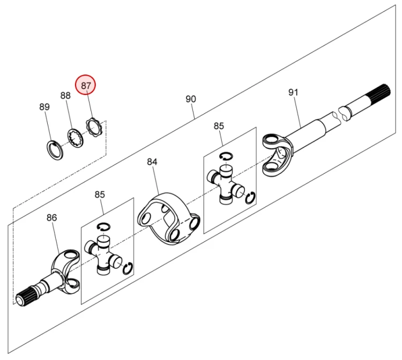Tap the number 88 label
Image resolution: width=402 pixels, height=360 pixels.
pos(65,95)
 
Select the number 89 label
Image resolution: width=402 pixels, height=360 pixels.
pos(44,107)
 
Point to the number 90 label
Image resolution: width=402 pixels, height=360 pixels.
pos(191,99)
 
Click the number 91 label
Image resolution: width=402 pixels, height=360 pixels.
pos(293,92)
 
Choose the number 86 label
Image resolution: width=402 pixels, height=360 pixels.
pos(51,217)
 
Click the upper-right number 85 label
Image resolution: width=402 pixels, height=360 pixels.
pos(219,126)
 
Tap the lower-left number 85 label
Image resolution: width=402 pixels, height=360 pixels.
pos(100,195)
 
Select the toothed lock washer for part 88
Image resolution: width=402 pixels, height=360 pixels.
pos(75,137)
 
